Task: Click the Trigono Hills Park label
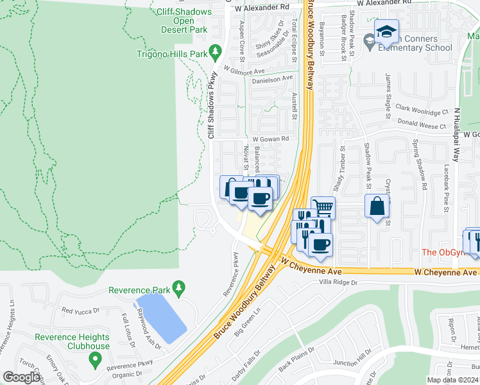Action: [x=172, y=54]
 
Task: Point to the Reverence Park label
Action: [x=140, y=290]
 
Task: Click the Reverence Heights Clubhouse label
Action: [x=72, y=341]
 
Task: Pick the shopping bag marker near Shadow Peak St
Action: [x=377, y=206]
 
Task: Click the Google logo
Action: [x=21, y=377]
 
